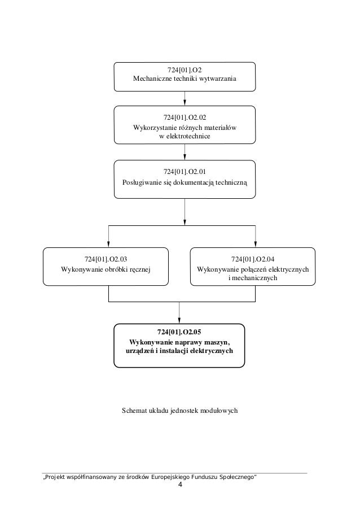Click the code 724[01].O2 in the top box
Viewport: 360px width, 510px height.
[x=185, y=70]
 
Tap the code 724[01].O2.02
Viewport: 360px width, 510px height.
[x=185, y=117]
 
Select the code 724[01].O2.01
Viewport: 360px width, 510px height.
[x=185, y=172]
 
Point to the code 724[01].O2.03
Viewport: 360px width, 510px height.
[x=106, y=259]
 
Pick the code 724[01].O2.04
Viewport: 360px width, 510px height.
[x=252, y=259]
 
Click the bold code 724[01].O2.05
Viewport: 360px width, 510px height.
[x=179, y=332]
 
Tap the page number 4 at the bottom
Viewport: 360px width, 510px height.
[x=180, y=485]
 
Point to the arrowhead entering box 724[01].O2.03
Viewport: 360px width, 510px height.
[x=108, y=244]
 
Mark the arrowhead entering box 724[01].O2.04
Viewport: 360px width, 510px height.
[x=256, y=244]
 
